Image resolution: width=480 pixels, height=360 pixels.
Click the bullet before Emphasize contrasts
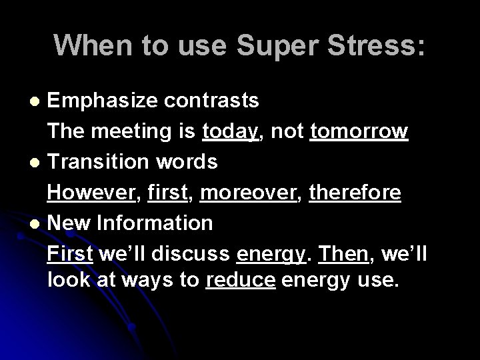pos(38,101)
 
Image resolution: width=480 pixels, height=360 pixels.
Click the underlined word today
pos(230,131)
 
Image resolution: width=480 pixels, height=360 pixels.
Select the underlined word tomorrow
pos(359,131)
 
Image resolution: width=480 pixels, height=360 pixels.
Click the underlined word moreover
pos(247,193)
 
